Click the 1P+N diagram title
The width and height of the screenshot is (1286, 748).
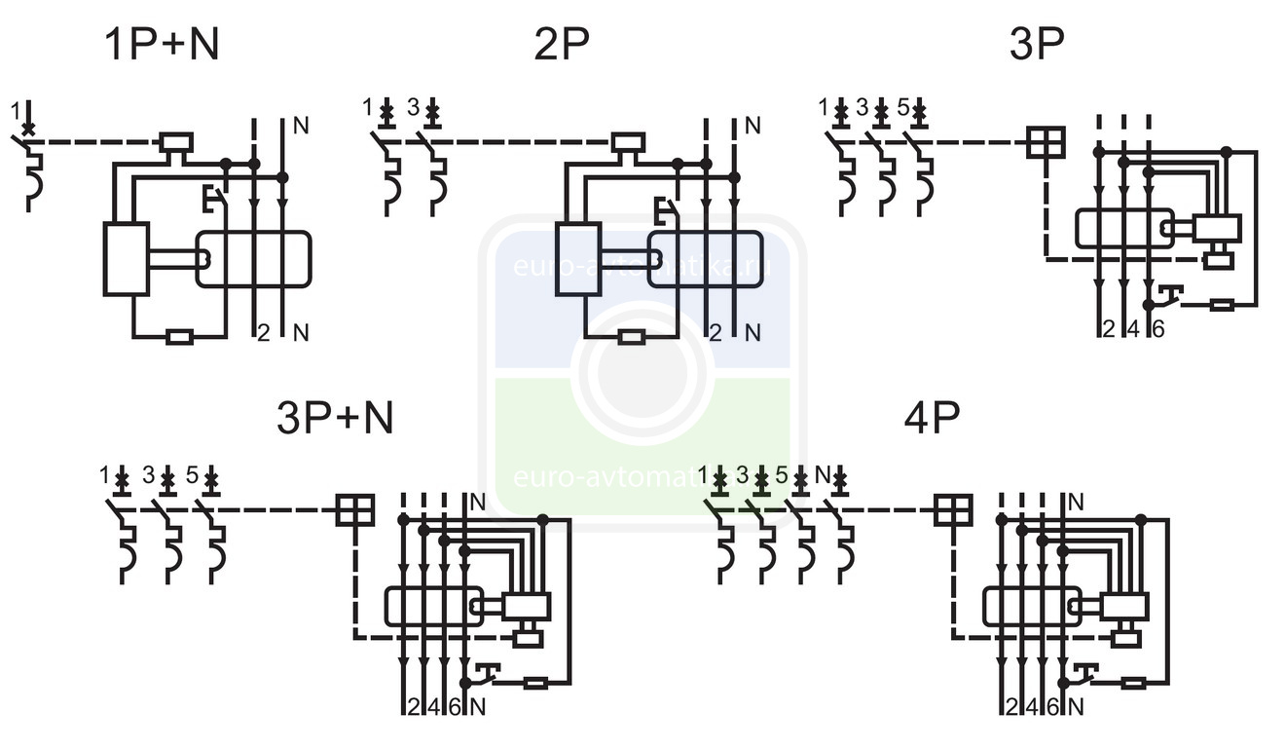tap(162, 45)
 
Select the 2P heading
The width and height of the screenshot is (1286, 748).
tap(562, 45)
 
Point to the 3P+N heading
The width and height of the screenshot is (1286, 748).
tap(335, 419)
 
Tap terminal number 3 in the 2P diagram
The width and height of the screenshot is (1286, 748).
tap(413, 107)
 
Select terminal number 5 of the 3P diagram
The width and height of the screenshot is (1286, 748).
tap(902, 107)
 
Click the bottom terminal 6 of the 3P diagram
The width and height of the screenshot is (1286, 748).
tap(1157, 329)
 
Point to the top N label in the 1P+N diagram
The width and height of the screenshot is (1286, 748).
tap(300, 126)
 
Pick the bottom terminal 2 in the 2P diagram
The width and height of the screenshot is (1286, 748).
tap(716, 333)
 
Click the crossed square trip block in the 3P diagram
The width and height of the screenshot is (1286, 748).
tap(1046, 142)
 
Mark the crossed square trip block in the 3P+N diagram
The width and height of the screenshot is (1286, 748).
tap(354, 509)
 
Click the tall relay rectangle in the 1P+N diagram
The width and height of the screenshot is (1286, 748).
tap(127, 258)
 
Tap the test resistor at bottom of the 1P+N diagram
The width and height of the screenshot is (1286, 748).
tap(179, 338)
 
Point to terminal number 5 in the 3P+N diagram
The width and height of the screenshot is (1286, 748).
tap(193, 475)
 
